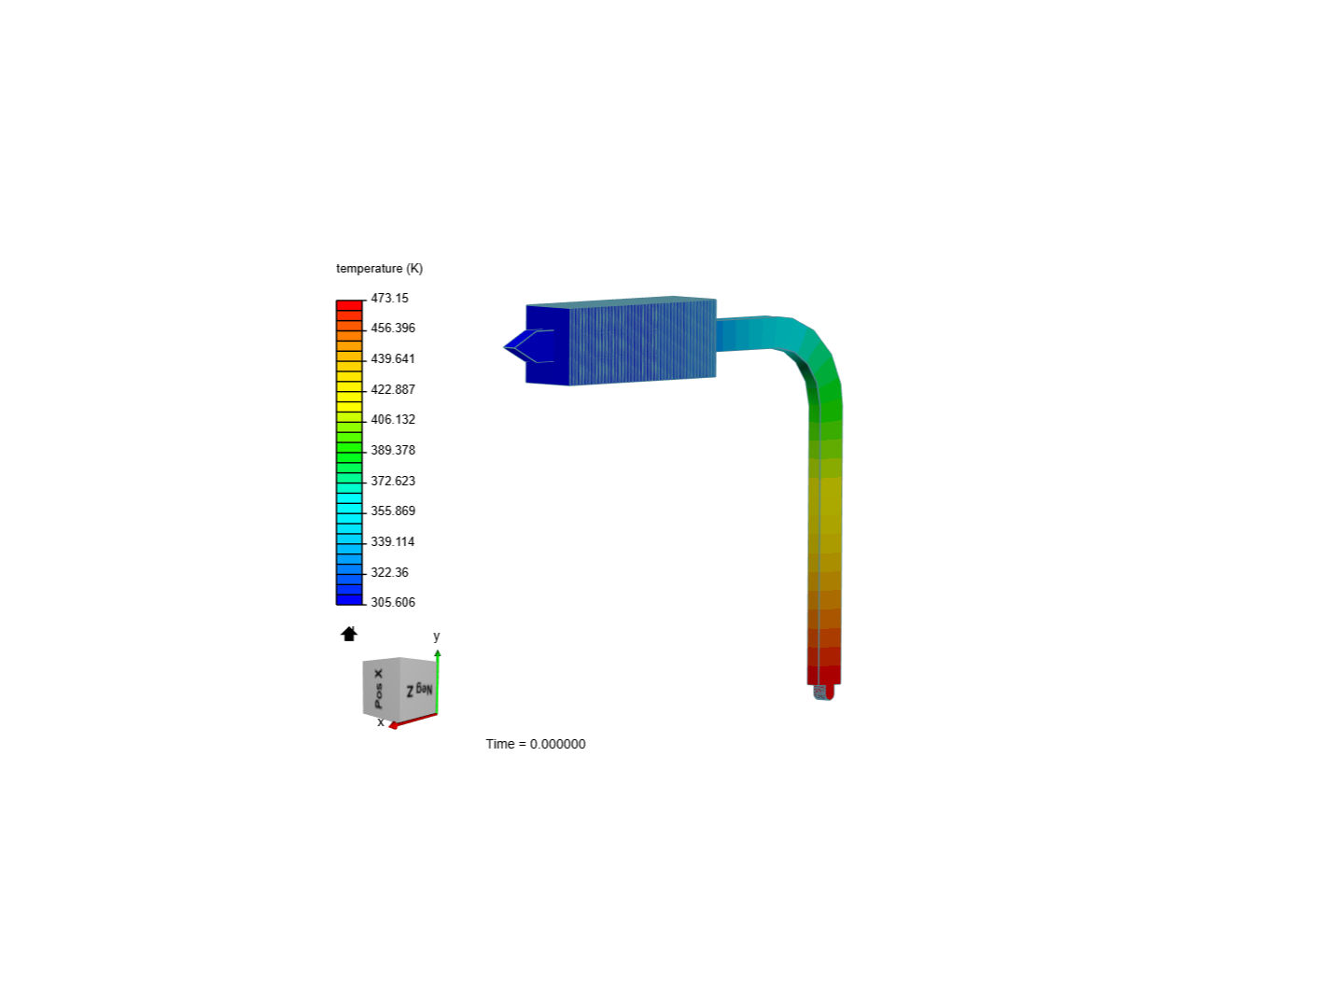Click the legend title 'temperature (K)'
pyautogui.click(x=379, y=269)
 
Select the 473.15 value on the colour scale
pyautogui.click(x=389, y=298)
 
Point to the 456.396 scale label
pyautogui.click(x=393, y=328)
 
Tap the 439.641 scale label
pyautogui.click(x=393, y=358)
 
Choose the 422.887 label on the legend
pyautogui.click(x=393, y=389)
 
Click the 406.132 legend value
pyautogui.click(x=393, y=419)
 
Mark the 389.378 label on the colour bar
pyautogui.click(x=393, y=450)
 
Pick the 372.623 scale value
pyautogui.click(x=393, y=481)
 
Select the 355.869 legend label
pyautogui.click(x=393, y=511)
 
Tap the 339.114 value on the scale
pyautogui.click(x=393, y=541)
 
